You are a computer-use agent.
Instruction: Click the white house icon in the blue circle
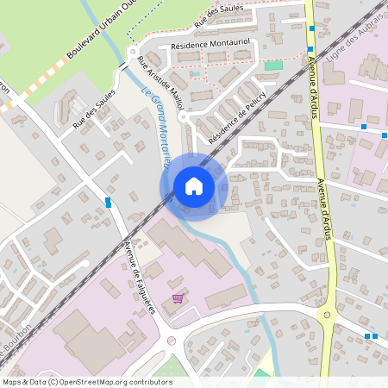193,186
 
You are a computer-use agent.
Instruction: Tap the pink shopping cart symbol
178,298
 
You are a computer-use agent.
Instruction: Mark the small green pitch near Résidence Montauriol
273,65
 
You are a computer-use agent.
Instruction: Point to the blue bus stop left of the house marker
108,202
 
